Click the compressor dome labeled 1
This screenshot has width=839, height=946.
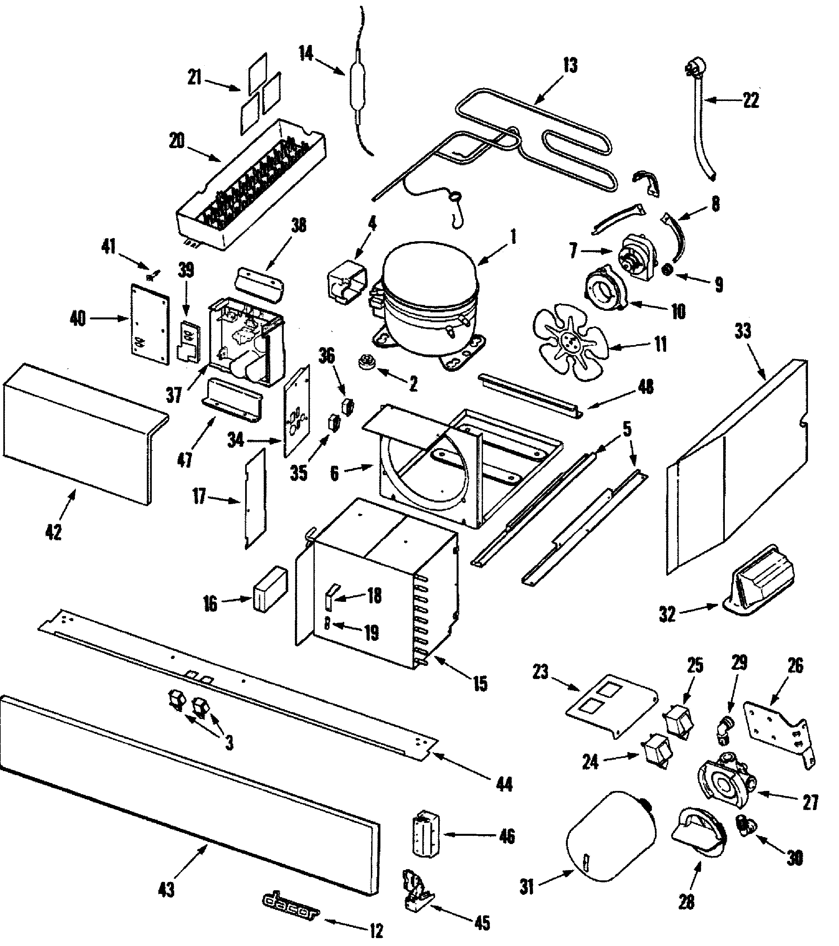click(x=428, y=296)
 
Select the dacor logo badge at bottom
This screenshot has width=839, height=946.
click(x=291, y=912)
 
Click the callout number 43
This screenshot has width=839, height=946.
click(x=166, y=889)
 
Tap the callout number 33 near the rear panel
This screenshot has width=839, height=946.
click(x=742, y=331)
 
